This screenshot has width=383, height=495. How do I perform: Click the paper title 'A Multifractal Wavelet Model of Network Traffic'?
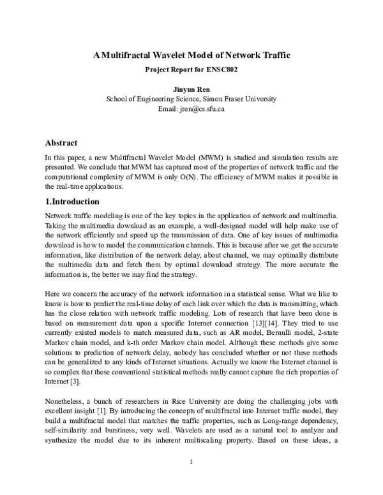pyautogui.click(x=191, y=55)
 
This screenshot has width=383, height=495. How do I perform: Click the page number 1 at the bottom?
pyautogui.click(x=191, y=461)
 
